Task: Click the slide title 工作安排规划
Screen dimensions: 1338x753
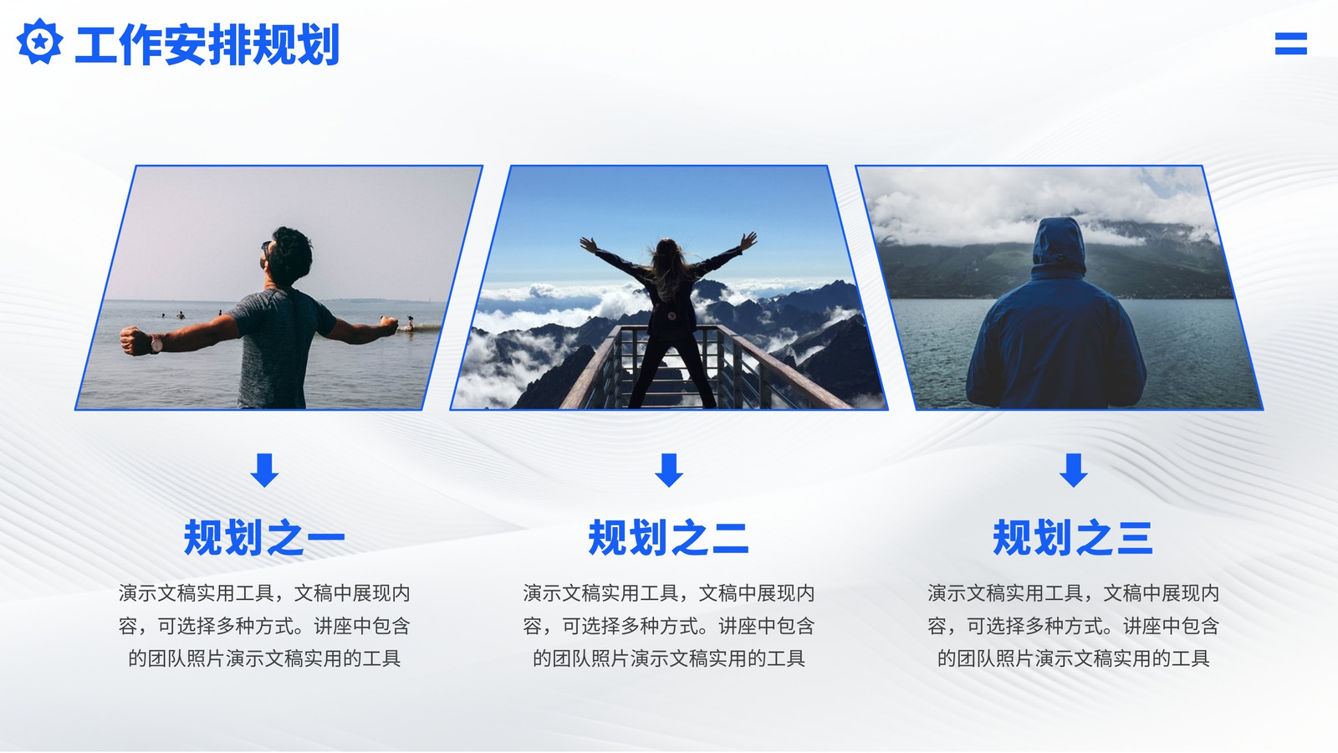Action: click(x=207, y=44)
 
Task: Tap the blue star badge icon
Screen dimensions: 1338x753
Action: click(x=39, y=41)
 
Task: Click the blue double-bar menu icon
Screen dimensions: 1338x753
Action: click(x=1291, y=44)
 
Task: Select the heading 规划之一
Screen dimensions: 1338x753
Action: click(x=264, y=537)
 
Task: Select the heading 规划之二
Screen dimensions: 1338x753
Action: click(x=668, y=537)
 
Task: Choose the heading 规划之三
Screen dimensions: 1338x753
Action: click(x=1073, y=537)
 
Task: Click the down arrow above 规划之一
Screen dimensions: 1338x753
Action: click(x=264, y=469)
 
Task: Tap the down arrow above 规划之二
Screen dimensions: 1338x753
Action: click(x=669, y=469)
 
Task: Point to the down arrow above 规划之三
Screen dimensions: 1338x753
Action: click(x=1074, y=469)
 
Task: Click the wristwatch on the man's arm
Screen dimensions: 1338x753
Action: click(x=156, y=343)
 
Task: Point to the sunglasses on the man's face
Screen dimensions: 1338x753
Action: click(x=265, y=246)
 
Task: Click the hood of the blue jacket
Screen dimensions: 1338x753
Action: click(x=1059, y=245)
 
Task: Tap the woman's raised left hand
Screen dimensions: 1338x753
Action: click(x=589, y=243)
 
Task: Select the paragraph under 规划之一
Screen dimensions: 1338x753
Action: click(x=264, y=626)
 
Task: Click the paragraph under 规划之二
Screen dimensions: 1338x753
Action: click(x=669, y=626)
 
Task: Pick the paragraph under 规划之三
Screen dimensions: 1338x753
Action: click(x=1074, y=626)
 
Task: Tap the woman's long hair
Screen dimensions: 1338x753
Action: click(x=668, y=269)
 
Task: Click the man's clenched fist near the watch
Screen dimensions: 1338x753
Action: click(x=135, y=341)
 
